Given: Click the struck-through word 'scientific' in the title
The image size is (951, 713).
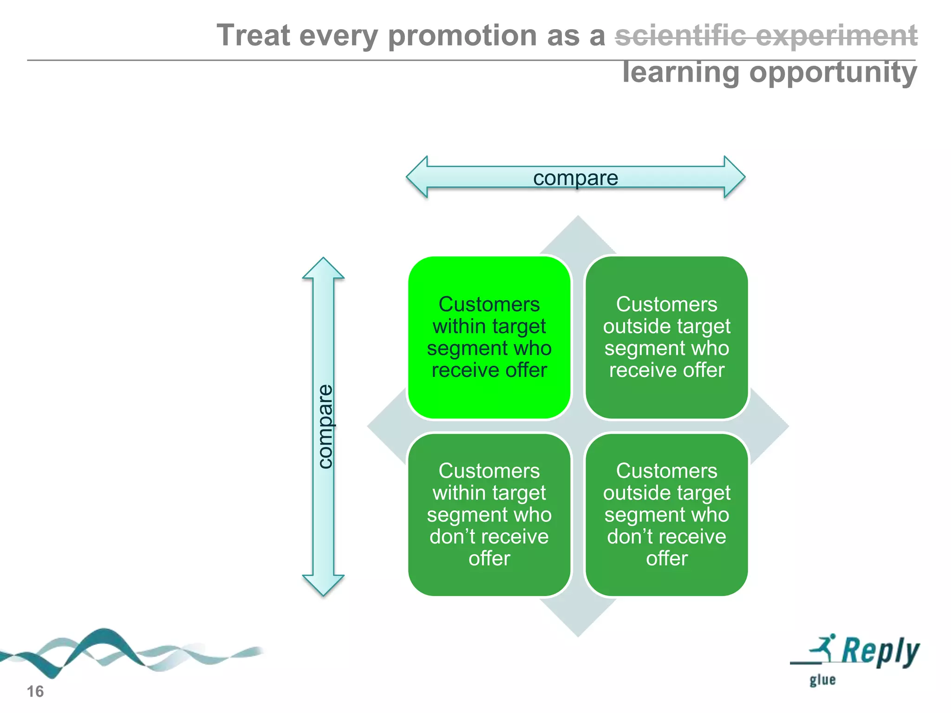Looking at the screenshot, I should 680,35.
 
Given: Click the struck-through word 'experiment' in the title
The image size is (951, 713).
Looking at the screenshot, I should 836,35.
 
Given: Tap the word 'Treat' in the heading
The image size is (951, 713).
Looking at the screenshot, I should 253,35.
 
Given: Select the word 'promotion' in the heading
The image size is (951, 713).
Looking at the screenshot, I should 462,36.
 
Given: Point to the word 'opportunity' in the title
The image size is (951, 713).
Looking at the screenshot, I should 833,73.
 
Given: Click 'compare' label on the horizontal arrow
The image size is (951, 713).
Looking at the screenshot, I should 575,178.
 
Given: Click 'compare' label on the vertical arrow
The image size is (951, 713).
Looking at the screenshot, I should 325,426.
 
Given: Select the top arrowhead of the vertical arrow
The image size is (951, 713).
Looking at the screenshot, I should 323,269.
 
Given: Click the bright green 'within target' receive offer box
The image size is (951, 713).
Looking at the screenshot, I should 489,337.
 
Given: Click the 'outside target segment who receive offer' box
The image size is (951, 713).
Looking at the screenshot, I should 666,337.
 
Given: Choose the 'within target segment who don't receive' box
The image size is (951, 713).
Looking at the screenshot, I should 489,514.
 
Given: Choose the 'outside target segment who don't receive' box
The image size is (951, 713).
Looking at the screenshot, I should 666,514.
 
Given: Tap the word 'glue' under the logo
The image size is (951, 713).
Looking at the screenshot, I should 822,680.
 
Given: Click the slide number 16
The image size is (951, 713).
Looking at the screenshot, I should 35,692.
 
